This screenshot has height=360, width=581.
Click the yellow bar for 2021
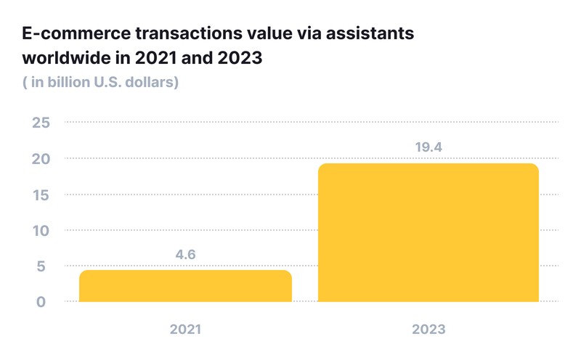click(185, 286)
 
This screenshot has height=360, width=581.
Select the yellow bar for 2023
click(428, 232)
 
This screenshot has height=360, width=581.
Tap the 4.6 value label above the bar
click(186, 255)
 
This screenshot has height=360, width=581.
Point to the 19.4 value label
click(428, 148)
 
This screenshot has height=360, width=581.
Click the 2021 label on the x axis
click(185, 329)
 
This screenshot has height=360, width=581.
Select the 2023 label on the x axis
click(428, 329)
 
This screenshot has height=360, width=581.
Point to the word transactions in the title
click(172, 33)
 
